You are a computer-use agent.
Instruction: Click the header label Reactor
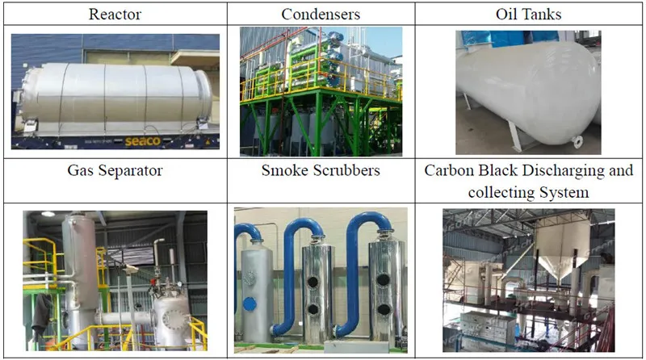pyautogui.click(x=115, y=15)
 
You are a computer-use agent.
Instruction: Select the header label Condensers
pyautogui.click(x=321, y=15)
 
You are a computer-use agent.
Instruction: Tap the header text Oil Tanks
pyautogui.click(x=529, y=15)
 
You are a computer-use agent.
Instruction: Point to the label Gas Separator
pyautogui.click(x=115, y=170)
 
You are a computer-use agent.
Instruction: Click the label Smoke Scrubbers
pyautogui.click(x=321, y=170)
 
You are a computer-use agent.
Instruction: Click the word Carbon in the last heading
pyautogui.click(x=450, y=170)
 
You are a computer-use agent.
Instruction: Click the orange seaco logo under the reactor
pyautogui.click(x=143, y=141)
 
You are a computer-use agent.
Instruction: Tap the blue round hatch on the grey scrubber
pyautogui.click(x=250, y=304)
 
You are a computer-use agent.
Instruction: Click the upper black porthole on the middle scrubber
pyautogui.click(x=313, y=283)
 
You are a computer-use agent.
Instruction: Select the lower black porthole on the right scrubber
pyautogui.click(x=384, y=309)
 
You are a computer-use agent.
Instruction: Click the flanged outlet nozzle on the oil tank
pyautogui.click(x=577, y=142)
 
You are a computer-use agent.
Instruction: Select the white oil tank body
pyautogui.click(x=527, y=90)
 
